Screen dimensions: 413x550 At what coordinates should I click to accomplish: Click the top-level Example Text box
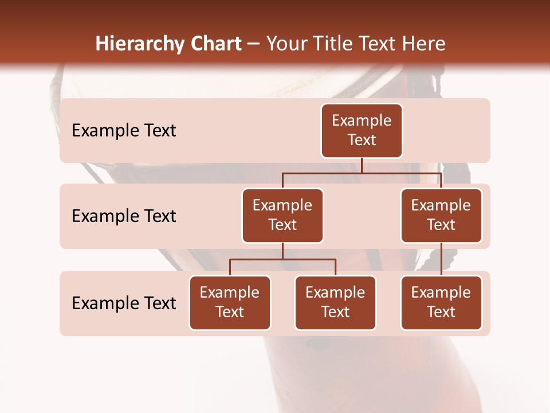pyautogui.click(x=362, y=131)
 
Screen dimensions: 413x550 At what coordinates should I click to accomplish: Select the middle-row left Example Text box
pyautogui.click(x=282, y=216)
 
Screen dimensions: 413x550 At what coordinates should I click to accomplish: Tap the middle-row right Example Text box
pyautogui.click(x=441, y=216)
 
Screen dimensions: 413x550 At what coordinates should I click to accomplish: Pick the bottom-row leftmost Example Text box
pyautogui.click(x=230, y=303)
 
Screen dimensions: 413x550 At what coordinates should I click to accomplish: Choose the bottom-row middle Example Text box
pyautogui.click(x=335, y=303)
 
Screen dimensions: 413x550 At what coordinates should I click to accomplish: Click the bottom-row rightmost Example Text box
pyautogui.click(x=441, y=303)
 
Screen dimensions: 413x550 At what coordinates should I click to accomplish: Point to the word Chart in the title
pyautogui.click(x=214, y=44)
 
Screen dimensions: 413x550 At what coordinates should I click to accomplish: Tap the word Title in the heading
pyautogui.click(x=333, y=44)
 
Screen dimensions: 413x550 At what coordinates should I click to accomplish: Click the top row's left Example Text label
pyautogui.click(x=124, y=131)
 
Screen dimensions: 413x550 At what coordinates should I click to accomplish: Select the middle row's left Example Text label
pyautogui.click(x=124, y=216)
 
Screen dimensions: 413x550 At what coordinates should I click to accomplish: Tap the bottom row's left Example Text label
pyautogui.click(x=124, y=303)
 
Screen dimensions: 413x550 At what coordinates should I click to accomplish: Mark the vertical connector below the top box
pyautogui.click(x=362, y=165)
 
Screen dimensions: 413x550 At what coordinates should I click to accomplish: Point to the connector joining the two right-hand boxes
pyautogui.click(x=441, y=259)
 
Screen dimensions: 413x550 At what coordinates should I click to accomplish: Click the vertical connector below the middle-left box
pyautogui.click(x=282, y=251)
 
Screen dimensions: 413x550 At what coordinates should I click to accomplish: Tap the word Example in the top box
pyautogui.click(x=362, y=120)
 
